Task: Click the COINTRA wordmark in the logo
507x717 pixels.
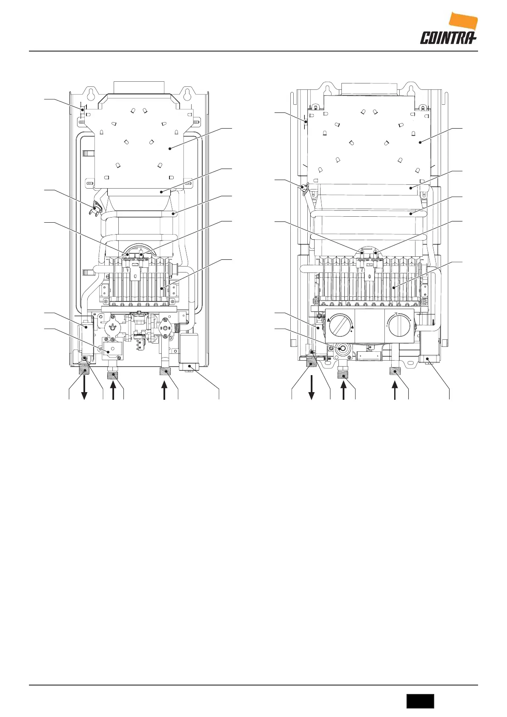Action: pos(447,38)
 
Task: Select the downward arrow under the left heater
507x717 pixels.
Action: pos(85,387)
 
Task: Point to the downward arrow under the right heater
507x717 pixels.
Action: pos(312,387)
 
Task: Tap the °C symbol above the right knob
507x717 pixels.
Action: pos(396,314)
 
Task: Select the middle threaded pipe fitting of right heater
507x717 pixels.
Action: pos(343,375)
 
